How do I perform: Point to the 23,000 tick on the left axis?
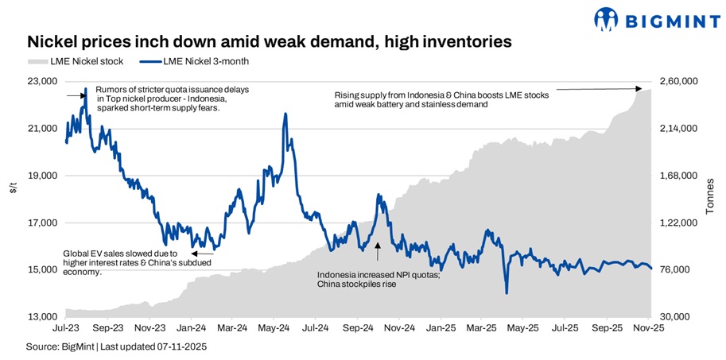click(42, 81)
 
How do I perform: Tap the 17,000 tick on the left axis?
click(42, 223)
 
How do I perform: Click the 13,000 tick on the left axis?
click(42, 317)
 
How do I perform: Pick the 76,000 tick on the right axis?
click(676, 270)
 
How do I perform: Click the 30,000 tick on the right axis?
click(676, 317)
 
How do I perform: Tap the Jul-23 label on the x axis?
click(65, 327)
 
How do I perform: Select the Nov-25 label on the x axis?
click(650, 327)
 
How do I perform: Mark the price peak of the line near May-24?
click(285, 114)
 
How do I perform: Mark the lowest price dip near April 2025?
click(507, 293)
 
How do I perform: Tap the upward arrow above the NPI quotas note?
click(378, 252)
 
